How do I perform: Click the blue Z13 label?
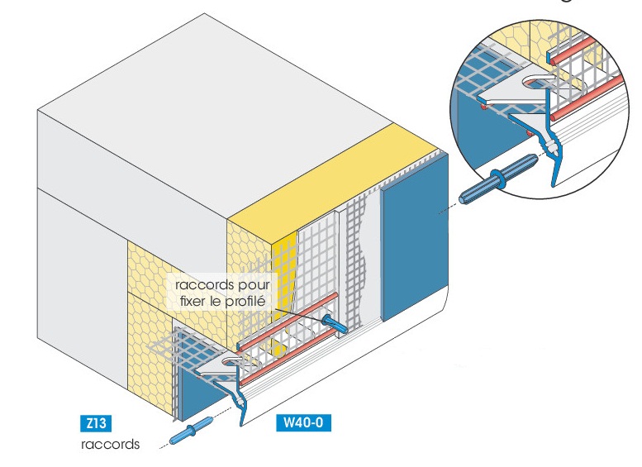(96, 423)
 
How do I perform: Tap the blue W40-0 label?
(303, 422)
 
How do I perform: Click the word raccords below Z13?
(110, 445)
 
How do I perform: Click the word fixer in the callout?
(192, 302)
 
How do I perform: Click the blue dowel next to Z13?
(191, 431)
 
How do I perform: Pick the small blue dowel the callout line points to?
(335, 323)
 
